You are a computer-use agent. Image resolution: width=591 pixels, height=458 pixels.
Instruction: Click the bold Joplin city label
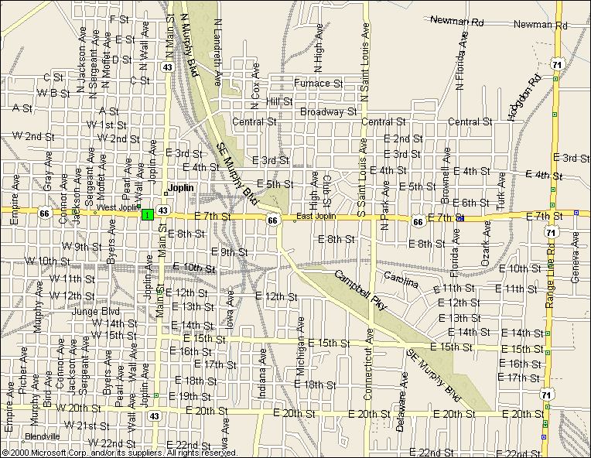click(x=180, y=188)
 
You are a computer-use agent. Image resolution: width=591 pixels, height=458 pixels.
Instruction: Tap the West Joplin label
click(x=115, y=207)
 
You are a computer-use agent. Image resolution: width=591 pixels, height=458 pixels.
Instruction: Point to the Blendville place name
click(x=42, y=436)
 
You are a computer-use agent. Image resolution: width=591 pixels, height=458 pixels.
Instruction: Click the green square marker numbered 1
click(x=146, y=214)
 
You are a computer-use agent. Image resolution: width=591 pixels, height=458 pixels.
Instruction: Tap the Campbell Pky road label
click(x=360, y=291)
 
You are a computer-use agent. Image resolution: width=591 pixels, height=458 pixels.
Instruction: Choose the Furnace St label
click(x=318, y=83)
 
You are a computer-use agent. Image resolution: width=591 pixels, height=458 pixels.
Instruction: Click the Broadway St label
click(x=328, y=111)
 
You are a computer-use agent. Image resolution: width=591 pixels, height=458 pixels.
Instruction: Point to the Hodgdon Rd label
click(x=522, y=99)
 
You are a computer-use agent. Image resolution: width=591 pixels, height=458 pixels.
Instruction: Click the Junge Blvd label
click(x=97, y=312)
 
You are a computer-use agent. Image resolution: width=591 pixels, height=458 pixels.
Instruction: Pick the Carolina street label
click(x=401, y=279)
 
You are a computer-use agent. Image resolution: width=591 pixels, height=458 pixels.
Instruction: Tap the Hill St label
click(x=278, y=101)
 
